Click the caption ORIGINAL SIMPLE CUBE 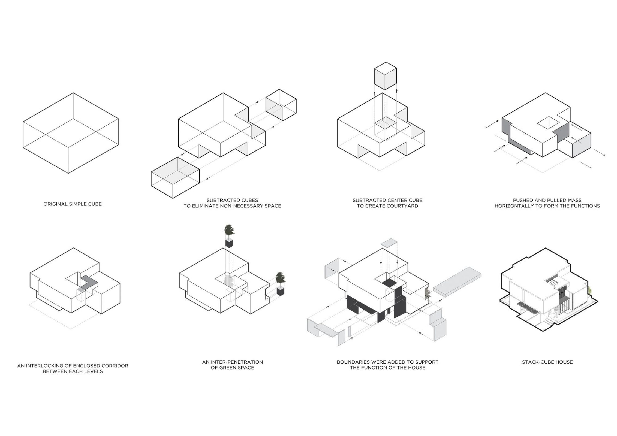pyautogui.click(x=73, y=204)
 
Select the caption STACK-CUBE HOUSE pyautogui.click(x=547, y=362)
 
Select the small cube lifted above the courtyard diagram pyautogui.click(x=385, y=76)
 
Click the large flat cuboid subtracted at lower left pyautogui.click(x=175, y=178)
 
